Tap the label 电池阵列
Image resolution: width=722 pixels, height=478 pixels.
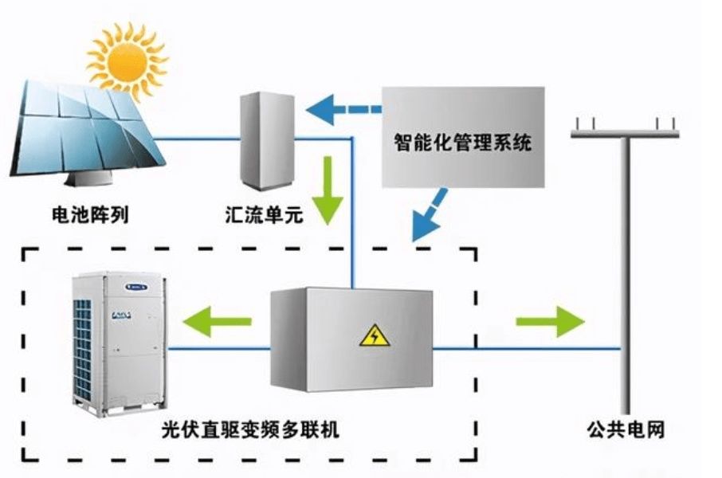pyautogui.click(x=88, y=214)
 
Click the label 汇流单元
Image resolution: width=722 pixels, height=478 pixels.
pyautogui.click(x=264, y=214)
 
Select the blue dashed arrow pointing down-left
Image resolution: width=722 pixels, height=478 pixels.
pyautogui.click(x=431, y=214)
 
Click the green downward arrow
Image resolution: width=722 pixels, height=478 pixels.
pyautogui.click(x=327, y=190)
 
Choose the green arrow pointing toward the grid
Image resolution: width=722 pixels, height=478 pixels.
pyautogui.click(x=550, y=322)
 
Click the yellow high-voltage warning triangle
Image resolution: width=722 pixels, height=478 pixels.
pyautogui.click(x=374, y=338)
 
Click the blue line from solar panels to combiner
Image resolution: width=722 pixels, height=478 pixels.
pyautogui.click(x=199, y=139)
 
